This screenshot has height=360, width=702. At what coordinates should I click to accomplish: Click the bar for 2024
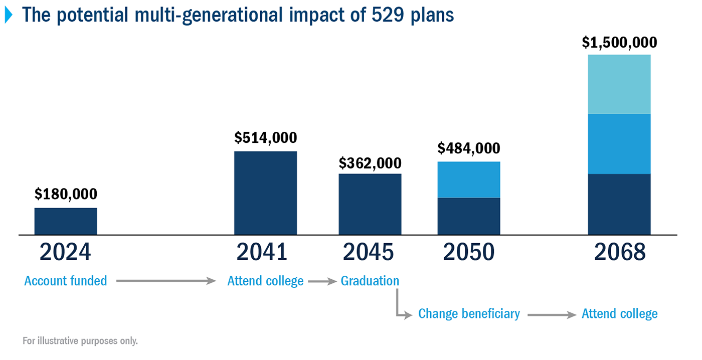[x=66, y=221]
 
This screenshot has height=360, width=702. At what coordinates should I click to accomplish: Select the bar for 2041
[x=266, y=193]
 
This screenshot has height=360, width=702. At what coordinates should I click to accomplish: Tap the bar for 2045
[x=370, y=204]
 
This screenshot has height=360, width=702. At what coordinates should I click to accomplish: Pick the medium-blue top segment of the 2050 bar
[x=469, y=179]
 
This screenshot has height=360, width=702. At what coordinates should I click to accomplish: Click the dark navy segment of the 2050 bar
[x=469, y=216]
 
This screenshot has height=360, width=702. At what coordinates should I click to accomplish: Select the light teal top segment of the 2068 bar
[x=619, y=84]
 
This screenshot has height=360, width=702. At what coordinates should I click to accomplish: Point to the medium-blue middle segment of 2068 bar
[x=619, y=144]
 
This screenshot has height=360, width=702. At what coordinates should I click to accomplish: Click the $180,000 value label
[x=66, y=194]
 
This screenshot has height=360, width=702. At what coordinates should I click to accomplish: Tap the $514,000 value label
[x=266, y=137]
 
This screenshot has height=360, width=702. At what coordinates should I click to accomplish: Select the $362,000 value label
[x=370, y=163]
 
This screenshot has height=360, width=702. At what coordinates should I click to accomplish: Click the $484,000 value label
[x=469, y=148]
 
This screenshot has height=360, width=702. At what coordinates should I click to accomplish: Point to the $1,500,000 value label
[x=619, y=43]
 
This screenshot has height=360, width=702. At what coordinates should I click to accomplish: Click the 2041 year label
[x=262, y=252]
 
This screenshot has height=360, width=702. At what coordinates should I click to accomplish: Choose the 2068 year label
[x=620, y=252]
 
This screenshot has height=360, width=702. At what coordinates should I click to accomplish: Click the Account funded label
[x=66, y=281]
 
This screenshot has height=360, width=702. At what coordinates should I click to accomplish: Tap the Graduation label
[x=370, y=281]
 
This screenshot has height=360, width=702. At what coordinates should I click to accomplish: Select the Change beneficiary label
[x=469, y=314]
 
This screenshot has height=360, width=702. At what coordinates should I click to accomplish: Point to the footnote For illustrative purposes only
[x=80, y=341]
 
